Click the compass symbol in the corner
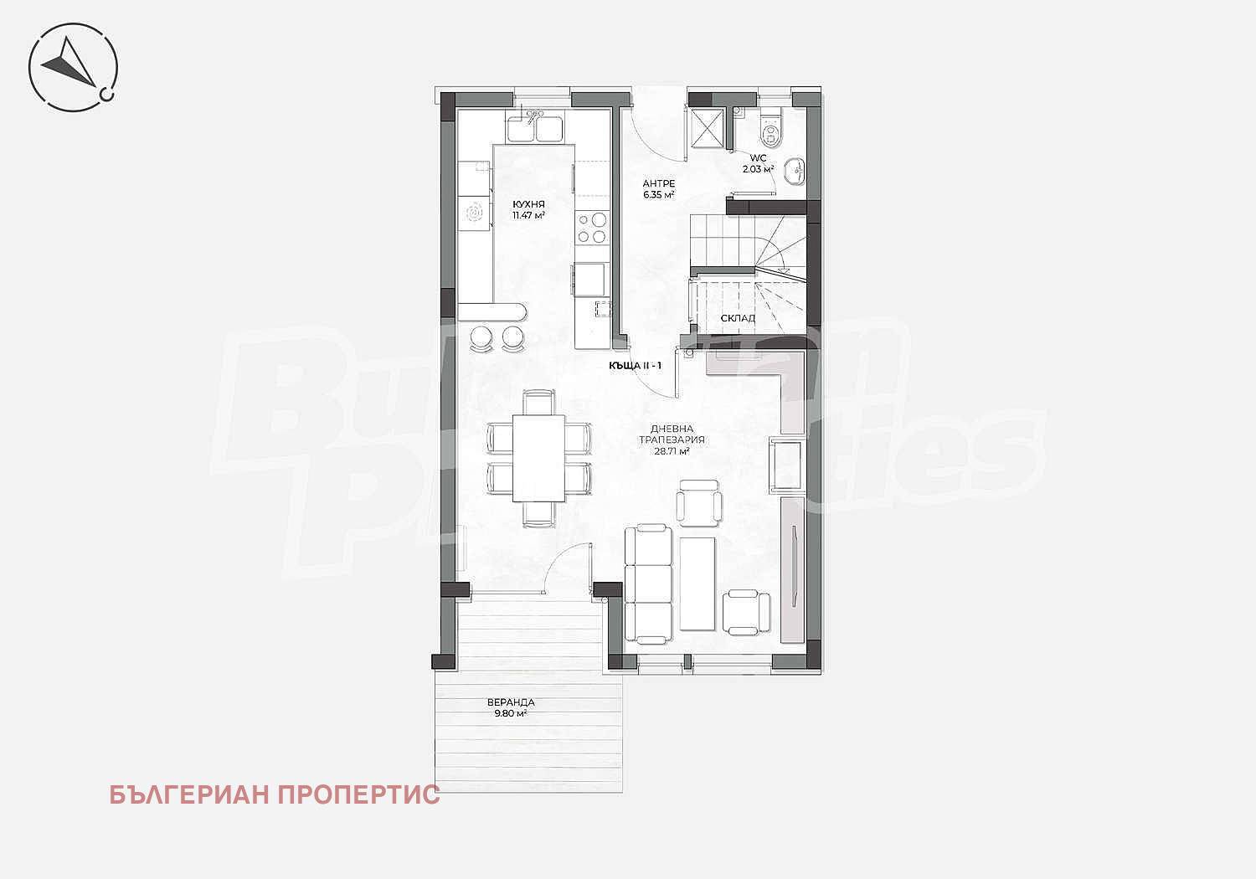(x=73, y=67)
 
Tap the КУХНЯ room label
(x=528, y=204)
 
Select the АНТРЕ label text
(x=658, y=183)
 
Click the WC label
(x=758, y=158)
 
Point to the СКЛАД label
(x=738, y=318)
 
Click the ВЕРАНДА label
(x=510, y=702)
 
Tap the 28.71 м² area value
(x=672, y=451)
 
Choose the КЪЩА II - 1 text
(x=635, y=366)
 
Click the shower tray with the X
(x=707, y=128)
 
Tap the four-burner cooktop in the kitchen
(x=591, y=228)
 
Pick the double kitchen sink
(x=535, y=127)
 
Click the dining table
(x=538, y=459)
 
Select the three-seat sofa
(x=647, y=583)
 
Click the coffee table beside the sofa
(x=697, y=583)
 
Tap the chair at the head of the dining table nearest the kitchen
(x=539, y=402)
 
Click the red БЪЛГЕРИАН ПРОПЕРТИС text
(x=275, y=795)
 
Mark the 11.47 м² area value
(x=528, y=215)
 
